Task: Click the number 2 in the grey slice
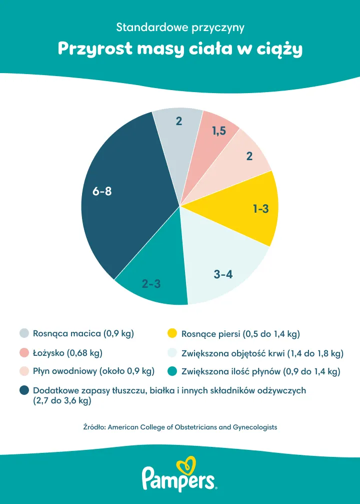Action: pyautogui.click(x=179, y=121)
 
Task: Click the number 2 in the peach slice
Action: pyautogui.click(x=249, y=156)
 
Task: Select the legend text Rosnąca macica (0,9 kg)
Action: pyautogui.click(x=83, y=333)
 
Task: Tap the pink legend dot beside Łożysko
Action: pyautogui.click(x=24, y=353)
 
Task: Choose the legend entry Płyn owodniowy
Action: pyautogui.click(x=93, y=371)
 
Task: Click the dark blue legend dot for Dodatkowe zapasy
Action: pyautogui.click(x=24, y=390)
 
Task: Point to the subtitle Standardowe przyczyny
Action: pyautogui.click(x=180, y=27)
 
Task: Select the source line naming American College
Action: pyautogui.click(x=180, y=427)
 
